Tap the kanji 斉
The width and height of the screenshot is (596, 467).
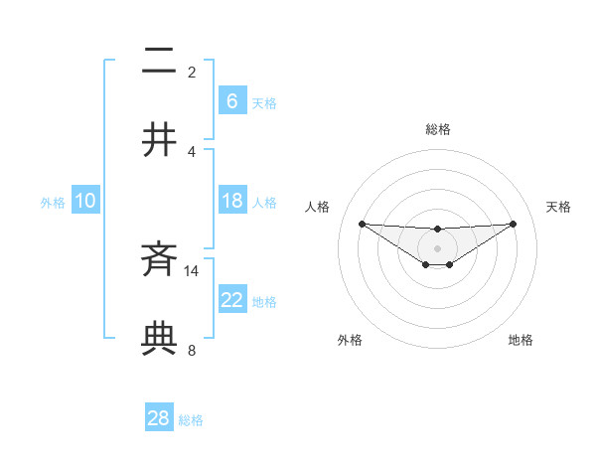point(160,261)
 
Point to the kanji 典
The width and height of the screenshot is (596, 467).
point(160,338)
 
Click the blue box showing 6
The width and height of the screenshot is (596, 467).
point(231,100)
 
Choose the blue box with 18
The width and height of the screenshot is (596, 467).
point(231,201)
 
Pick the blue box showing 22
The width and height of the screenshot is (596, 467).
point(231,300)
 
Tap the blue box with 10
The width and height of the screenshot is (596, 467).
point(84,201)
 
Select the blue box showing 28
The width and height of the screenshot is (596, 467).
point(159,418)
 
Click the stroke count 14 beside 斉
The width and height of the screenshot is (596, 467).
point(192,270)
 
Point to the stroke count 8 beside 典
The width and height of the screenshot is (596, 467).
point(192,349)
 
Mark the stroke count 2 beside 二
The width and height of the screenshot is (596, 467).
point(192,73)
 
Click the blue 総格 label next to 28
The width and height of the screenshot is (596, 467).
point(191,420)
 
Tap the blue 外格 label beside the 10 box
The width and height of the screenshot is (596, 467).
point(53,202)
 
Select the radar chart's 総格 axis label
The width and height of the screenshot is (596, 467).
point(437,129)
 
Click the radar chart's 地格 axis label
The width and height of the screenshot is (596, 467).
point(521,340)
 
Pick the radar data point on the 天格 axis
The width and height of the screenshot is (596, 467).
point(514,224)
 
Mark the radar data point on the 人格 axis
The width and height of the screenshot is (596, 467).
point(362,224)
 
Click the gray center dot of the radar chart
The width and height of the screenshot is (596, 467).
point(437,247)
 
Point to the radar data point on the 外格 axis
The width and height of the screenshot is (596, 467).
point(425,264)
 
